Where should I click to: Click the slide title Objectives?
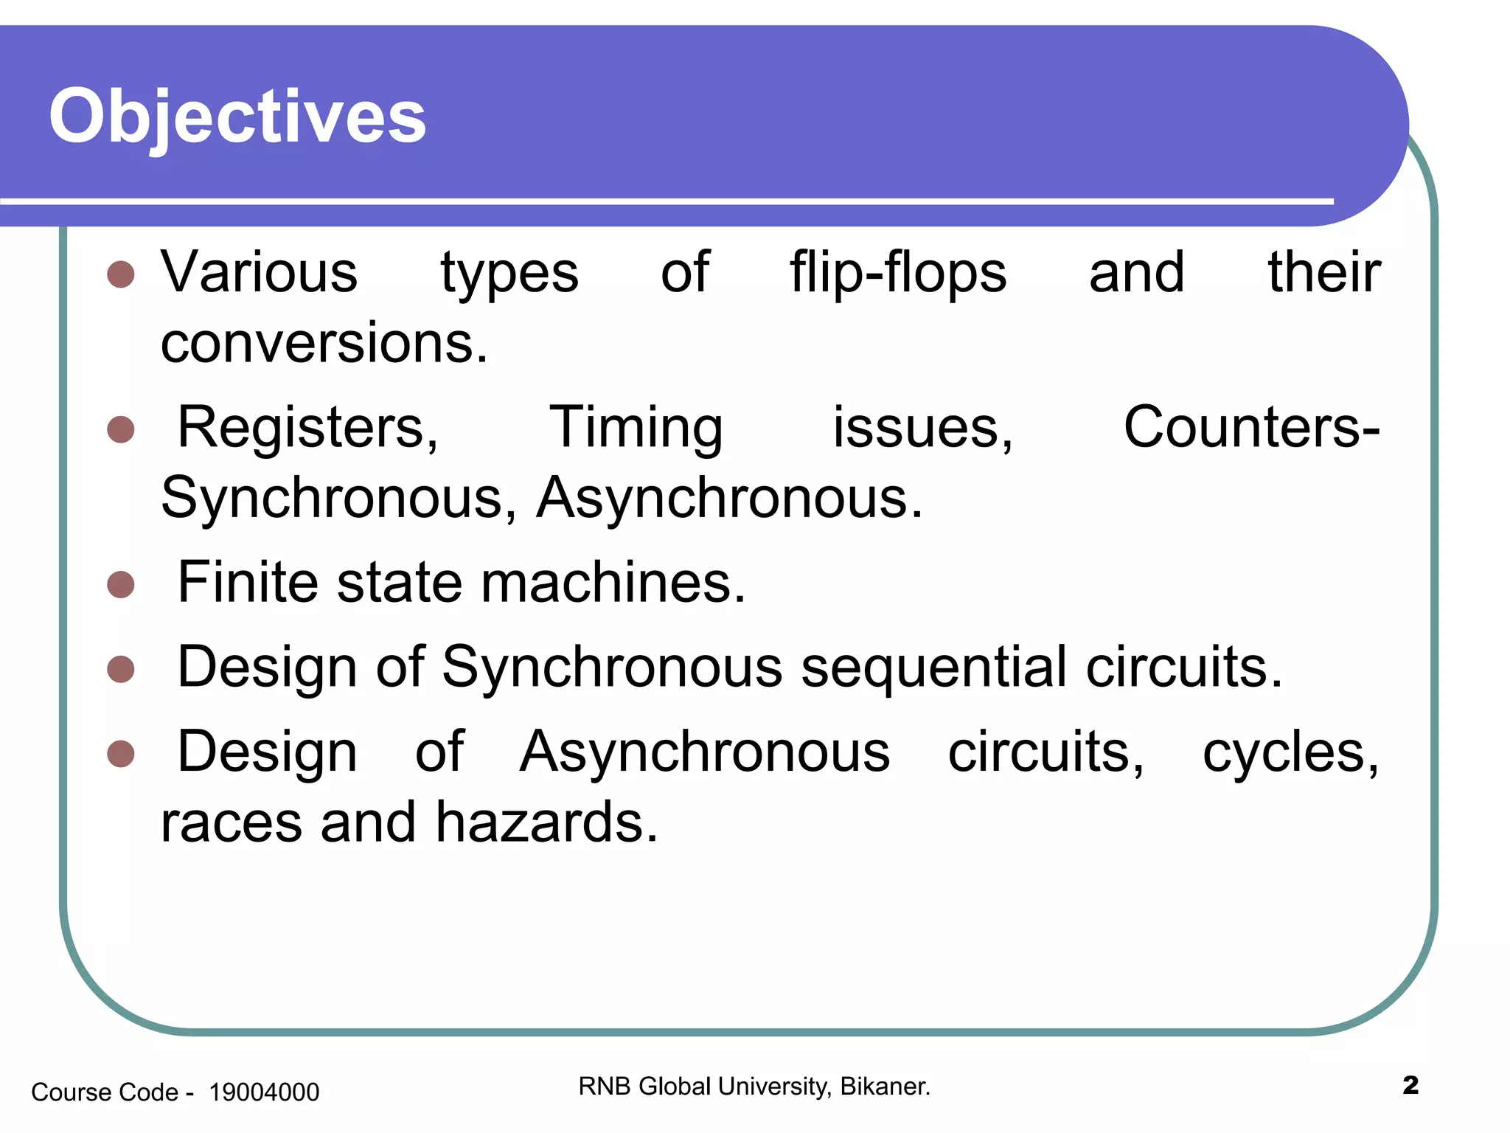[237, 117]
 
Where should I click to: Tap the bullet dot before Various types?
[121, 274]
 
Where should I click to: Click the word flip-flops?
[898, 273]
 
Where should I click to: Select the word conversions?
[324, 344]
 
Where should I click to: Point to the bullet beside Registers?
[121, 429]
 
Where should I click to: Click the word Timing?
[636, 428]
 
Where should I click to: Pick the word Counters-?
[1251, 428]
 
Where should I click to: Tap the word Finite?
[248, 583]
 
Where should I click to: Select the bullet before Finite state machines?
[121, 585]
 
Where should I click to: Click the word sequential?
[933, 668]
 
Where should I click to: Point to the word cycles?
[1290, 752]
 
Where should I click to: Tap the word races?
[232, 824]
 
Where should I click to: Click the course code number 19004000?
[264, 1092]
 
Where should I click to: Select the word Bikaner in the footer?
[884, 1087]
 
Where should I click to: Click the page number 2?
[1410, 1086]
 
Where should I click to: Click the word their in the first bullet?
[1324, 273]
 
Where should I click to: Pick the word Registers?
[308, 428]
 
